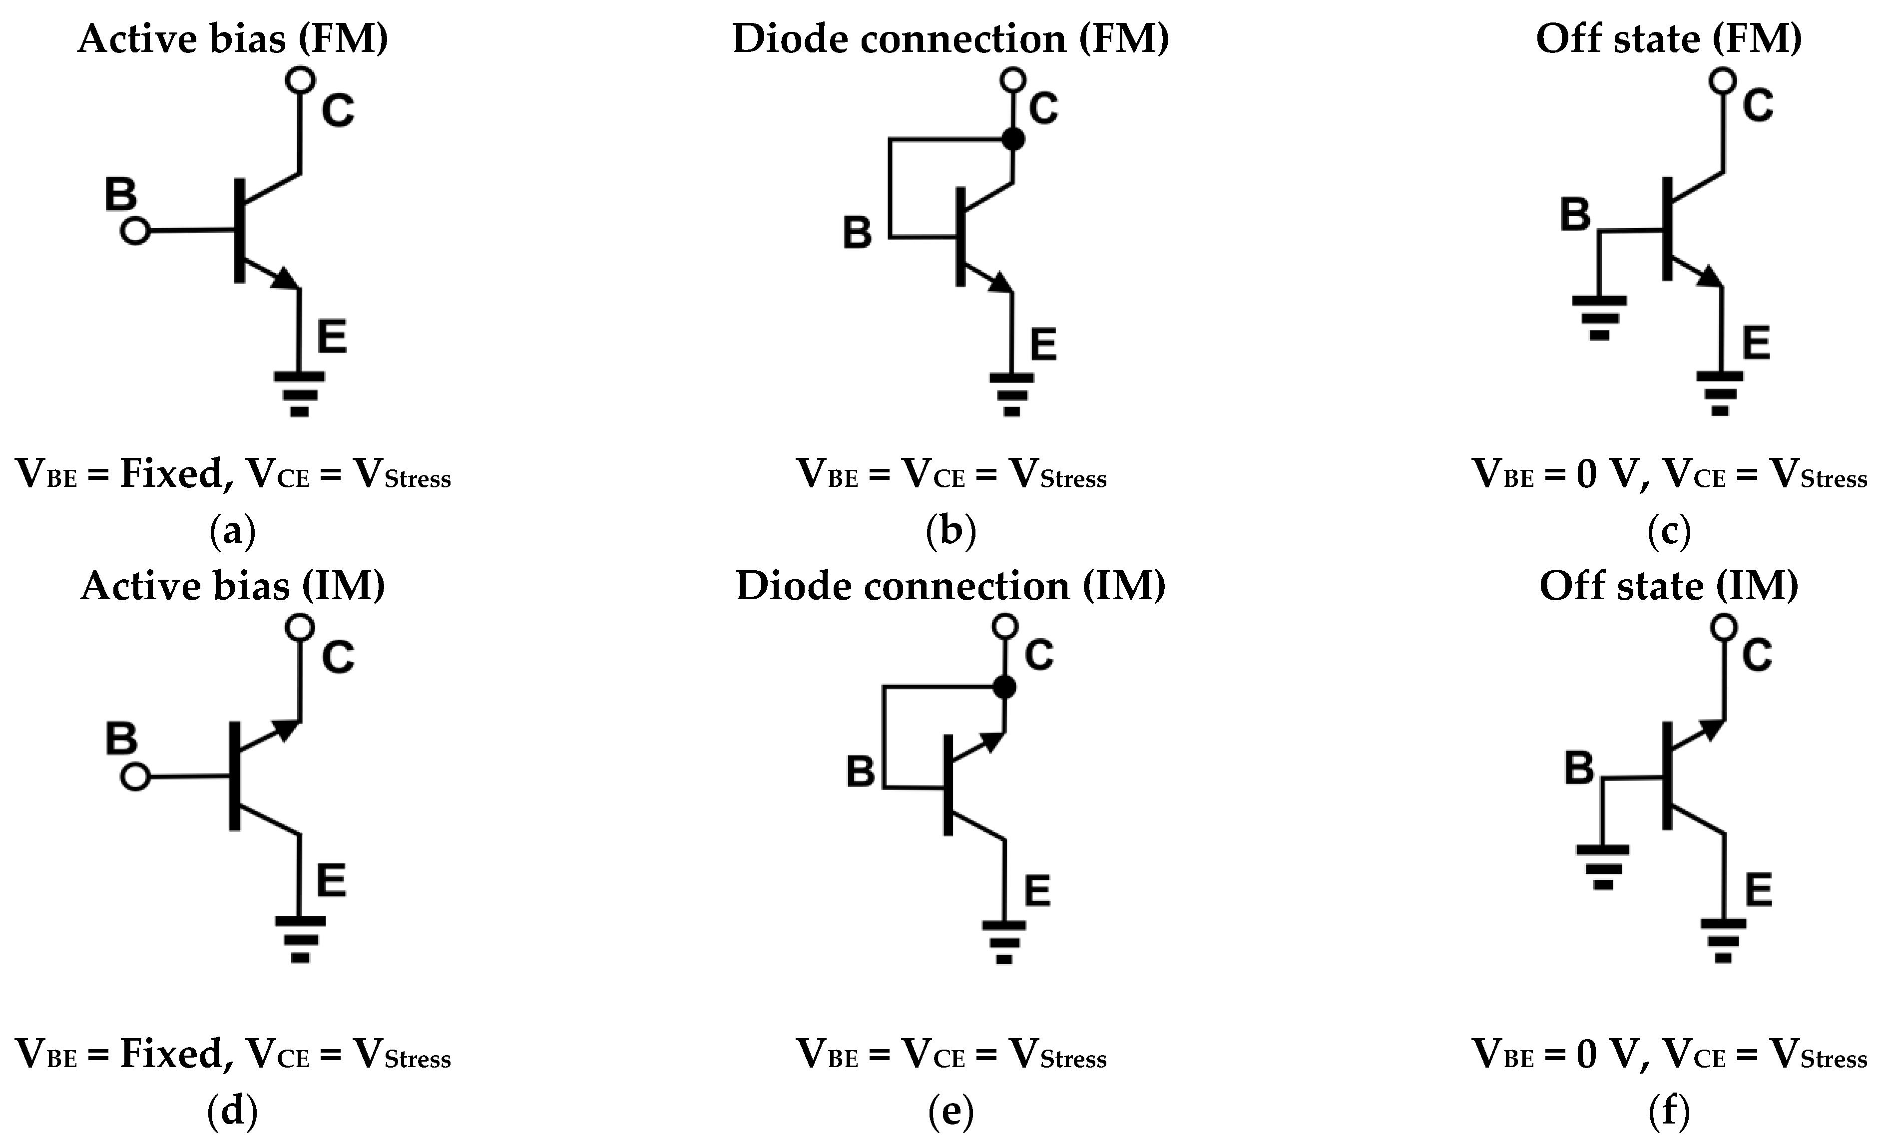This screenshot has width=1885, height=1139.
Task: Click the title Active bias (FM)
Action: point(233,38)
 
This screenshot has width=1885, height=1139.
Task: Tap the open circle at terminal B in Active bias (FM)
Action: point(135,230)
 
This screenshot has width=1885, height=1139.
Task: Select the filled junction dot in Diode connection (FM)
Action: point(1013,139)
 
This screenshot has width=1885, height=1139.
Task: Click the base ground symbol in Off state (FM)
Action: point(1599,317)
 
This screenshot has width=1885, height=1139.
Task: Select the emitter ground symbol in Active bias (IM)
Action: point(300,939)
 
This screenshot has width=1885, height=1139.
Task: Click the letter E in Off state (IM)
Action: point(1759,890)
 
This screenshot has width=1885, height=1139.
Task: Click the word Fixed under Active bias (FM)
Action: point(171,474)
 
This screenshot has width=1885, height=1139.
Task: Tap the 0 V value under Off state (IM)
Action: point(1605,1054)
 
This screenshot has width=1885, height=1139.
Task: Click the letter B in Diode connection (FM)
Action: point(857,233)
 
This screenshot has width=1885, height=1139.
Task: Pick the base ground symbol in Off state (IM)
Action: point(1603,866)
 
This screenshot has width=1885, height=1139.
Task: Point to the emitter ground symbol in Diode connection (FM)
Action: point(1011,394)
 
